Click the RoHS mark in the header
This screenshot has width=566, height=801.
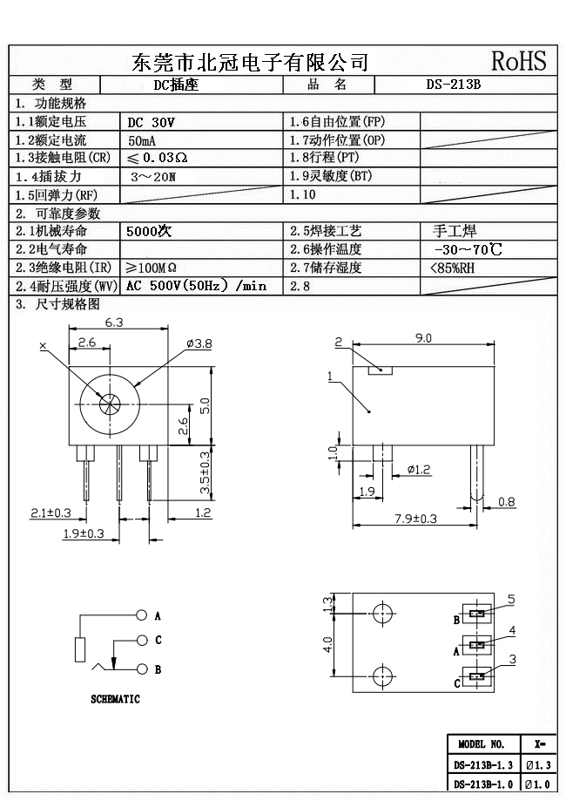[518, 61]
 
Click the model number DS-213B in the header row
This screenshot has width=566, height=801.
[453, 85]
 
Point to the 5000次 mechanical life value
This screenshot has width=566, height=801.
[151, 231]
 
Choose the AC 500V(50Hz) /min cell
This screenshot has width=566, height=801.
[196, 286]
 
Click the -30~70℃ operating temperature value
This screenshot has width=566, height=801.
[466, 249]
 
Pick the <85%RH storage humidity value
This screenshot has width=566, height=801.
[453, 268]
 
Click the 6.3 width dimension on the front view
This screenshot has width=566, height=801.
[114, 322]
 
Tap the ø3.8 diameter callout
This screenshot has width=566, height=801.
[199, 344]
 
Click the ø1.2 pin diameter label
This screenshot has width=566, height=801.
[419, 470]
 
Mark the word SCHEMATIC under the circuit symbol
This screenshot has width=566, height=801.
[115, 699]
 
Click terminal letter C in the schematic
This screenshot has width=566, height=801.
[158, 640]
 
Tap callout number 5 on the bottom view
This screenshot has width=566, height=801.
[511, 599]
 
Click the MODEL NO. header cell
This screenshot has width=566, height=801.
[482, 744]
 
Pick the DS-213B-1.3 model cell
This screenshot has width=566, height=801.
[482, 765]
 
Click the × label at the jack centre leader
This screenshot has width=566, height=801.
[43, 346]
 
